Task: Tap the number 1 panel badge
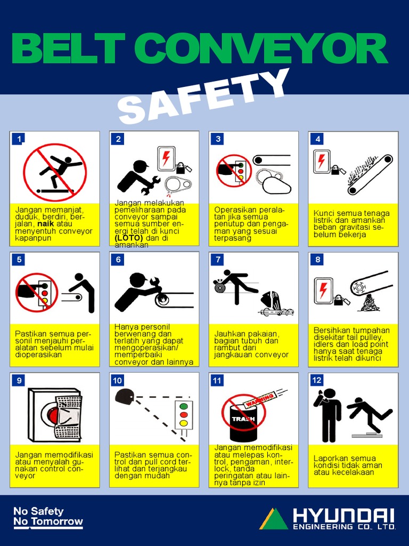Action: tap(19, 139)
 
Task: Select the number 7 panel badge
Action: tap(217, 260)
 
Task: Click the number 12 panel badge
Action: tap(317, 380)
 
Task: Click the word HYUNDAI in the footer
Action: tap(343, 516)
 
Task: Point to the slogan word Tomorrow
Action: tap(56, 521)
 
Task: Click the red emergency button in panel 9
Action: tap(52, 414)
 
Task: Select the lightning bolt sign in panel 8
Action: tap(323, 290)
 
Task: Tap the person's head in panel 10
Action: tap(124, 396)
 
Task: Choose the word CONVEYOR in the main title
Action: tap(260, 50)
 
